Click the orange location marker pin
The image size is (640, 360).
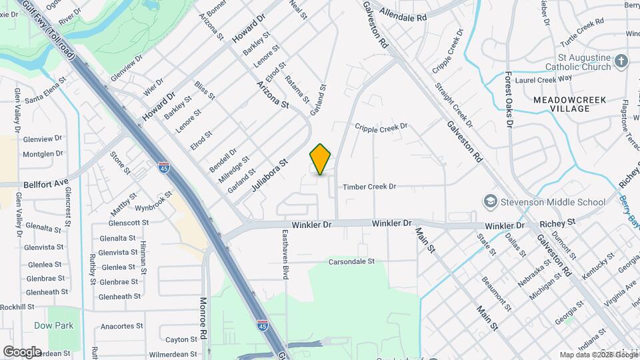tap(320, 159)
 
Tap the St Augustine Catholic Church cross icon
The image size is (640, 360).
tap(621, 62)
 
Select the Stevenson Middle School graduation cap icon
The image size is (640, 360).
tap(490, 201)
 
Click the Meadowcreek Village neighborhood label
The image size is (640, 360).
tap(569, 104)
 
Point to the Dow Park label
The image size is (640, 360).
tap(54, 326)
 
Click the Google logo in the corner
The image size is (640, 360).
tap(22, 351)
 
